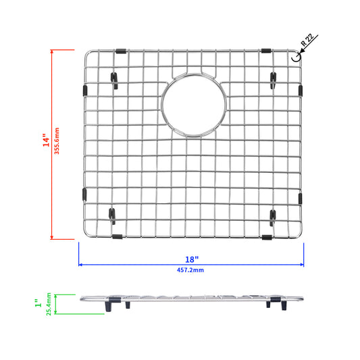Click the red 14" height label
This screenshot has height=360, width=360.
pyautogui.click(x=46, y=140)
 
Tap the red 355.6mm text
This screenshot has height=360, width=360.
pyautogui.click(x=57, y=141)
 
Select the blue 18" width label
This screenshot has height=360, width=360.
pyautogui.click(x=192, y=259)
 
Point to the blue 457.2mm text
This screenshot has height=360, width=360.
pyautogui.click(x=190, y=270)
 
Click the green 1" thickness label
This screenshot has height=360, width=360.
pyautogui.click(x=38, y=303)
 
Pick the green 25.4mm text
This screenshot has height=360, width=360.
pyautogui.click(x=49, y=304)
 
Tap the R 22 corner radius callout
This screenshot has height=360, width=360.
pyautogui.click(x=307, y=40)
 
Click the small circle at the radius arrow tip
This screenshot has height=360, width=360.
pyautogui.click(x=297, y=57)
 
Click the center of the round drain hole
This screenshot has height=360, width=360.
pyautogui.click(x=194, y=105)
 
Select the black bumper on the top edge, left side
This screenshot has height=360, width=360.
pyautogui.click(x=121, y=51)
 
